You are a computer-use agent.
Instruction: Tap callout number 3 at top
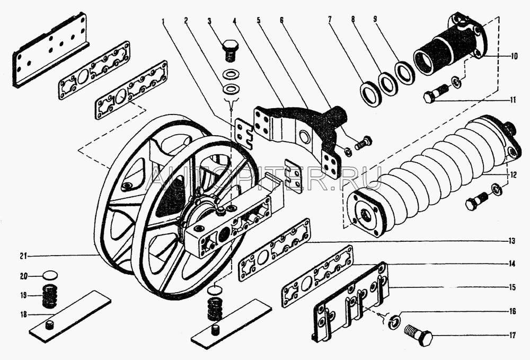(209, 21)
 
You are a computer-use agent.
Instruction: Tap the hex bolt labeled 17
(419, 335)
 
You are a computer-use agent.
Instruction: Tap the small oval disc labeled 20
(50, 276)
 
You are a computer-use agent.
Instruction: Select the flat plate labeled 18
(69, 317)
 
